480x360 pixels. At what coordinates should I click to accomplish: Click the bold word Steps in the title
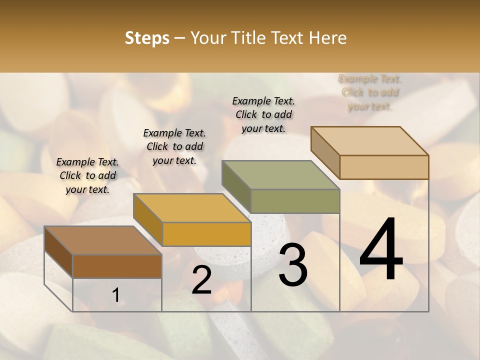pyautogui.click(x=147, y=38)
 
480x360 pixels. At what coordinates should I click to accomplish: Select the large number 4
pyautogui.click(x=381, y=250)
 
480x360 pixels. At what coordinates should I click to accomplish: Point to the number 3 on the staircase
pyautogui.click(x=292, y=265)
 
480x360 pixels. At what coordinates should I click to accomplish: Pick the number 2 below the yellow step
pyautogui.click(x=201, y=280)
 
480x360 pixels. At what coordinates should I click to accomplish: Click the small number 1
pyautogui.click(x=115, y=295)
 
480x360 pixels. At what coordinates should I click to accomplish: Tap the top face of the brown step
pyautogui.click(x=102, y=240)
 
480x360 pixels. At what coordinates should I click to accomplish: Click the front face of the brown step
pyautogui.click(x=117, y=266)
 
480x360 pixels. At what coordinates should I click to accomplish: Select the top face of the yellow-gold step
pyautogui.click(x=191, y=208)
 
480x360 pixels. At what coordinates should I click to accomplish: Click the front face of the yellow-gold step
pyautogui.click(x=206, y=234)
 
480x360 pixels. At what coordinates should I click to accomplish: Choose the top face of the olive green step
pyautogui.click(x=280, y=175)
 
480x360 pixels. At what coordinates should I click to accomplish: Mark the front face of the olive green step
pyautogui.click(x=295, y=201)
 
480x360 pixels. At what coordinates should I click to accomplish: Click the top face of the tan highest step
pyautogui.click(x=369, y=141)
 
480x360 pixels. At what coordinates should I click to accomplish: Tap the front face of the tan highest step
pyautogui.click(x=384, y=167)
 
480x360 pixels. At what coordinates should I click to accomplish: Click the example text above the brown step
pyautogui.click(x=87, y=175)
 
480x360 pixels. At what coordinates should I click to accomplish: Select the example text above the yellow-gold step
pyautogui.click(x=174, y=146)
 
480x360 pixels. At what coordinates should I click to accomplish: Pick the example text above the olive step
pyautogui.click(x=263, y=114)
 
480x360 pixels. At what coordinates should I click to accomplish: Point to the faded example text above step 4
pyautogui.click(x=370, y=92)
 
